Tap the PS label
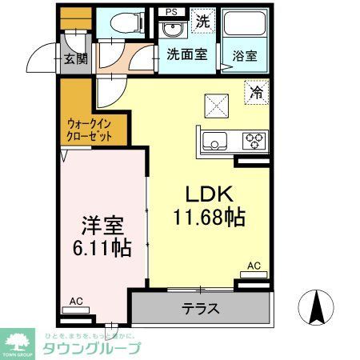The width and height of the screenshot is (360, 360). click(x=170, y=12)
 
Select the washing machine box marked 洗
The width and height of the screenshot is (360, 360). click(x=203, y=22)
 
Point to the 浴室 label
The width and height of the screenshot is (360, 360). click(x=245, y=56)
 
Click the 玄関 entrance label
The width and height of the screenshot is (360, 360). click(x=76, y=58)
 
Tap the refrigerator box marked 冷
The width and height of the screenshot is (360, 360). click(x=256, y=93)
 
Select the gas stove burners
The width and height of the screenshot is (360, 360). click(x=254, y=142)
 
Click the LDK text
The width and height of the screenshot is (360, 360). click(x=209, y=194)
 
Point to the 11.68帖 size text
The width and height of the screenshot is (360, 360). click(x=209, y=217)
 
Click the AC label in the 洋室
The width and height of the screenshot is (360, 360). click(x=77, y=301)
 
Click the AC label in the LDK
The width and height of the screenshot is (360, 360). click(x=254, y=266)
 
